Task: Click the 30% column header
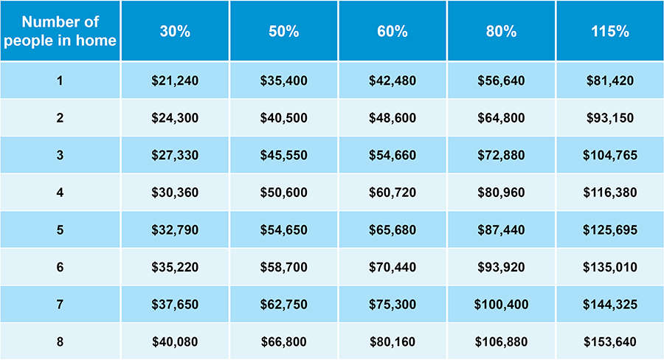coord(175,32)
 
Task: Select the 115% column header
coord(609,32)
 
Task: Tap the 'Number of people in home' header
coord(60,32)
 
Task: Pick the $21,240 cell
coord(175,80)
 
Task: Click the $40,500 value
coord(284,118)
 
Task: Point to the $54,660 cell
coord(392,156)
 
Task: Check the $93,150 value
coord(609,118)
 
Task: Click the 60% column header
coord(392,32)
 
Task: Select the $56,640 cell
coord(501,80)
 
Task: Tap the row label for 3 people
coord(60,156)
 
